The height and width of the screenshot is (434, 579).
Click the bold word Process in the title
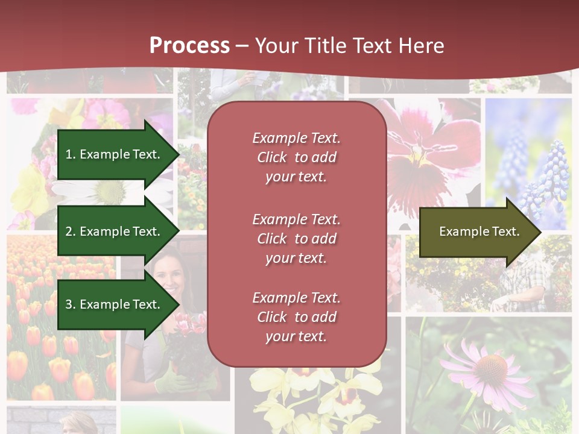point(189,46)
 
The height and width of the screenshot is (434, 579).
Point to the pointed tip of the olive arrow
point(540,232)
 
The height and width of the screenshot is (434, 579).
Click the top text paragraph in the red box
point(296,157)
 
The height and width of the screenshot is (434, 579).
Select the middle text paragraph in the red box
point(296,239)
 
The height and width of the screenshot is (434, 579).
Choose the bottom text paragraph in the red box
point(296,317)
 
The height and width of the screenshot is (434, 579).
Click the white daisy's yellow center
point(111,192)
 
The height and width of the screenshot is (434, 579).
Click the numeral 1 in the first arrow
point(69,154)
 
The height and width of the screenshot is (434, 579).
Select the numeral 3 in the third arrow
point(69,304)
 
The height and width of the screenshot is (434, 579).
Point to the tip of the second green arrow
point(178,231)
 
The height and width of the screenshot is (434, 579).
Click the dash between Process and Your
point(242,46)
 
